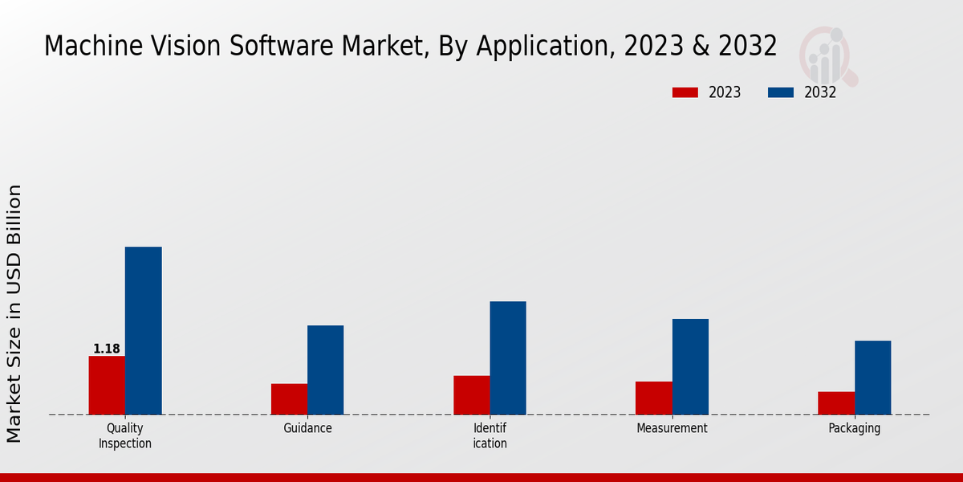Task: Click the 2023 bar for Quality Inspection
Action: point(107,386)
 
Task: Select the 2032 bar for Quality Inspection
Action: point(143,331)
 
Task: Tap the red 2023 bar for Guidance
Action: point(289,399)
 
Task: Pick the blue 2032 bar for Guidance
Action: point(325,370)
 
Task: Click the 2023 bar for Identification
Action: point(471,395)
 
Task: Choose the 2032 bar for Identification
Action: point(508,358)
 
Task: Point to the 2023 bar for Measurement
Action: point(653,398)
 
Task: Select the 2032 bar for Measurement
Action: point(690,367)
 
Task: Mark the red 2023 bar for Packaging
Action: point(836,403)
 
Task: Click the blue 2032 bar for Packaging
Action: point(872,378)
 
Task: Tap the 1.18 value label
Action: point(107,349)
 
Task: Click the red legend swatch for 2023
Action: point(685,92)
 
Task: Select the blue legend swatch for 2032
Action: point(780,92)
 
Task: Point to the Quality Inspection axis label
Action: point(125,435)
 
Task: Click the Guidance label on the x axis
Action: point(307,428)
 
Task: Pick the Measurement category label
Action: point(672,428)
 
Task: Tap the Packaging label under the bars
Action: point(854,428)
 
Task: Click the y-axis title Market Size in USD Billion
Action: point(14,313)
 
